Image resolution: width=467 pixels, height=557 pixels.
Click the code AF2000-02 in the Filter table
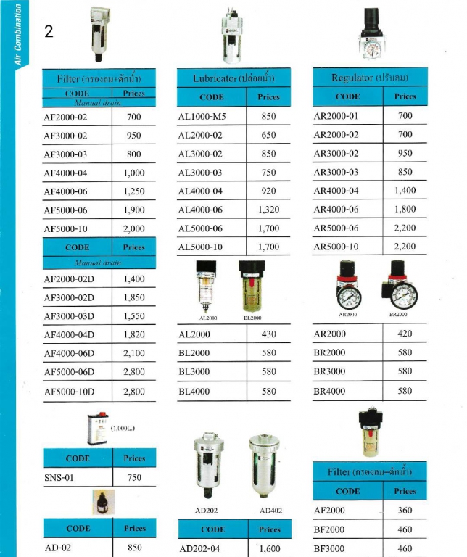[65, 117]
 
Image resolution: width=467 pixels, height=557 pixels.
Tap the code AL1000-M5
[204, 116]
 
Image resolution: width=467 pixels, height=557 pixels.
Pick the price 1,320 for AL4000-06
[268, 210]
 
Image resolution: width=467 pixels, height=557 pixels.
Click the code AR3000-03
[336, 172]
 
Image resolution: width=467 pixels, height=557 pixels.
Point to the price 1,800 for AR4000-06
[405, 210]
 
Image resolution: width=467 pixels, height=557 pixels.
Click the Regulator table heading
[369, 77]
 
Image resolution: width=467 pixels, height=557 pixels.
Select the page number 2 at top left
[49, 33]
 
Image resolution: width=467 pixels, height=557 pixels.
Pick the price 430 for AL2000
[268, 334]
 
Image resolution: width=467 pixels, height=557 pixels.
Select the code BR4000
[329, 390]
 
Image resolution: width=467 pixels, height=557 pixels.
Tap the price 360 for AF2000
[405, 511]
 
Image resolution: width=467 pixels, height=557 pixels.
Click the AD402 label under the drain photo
[270, 511]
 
